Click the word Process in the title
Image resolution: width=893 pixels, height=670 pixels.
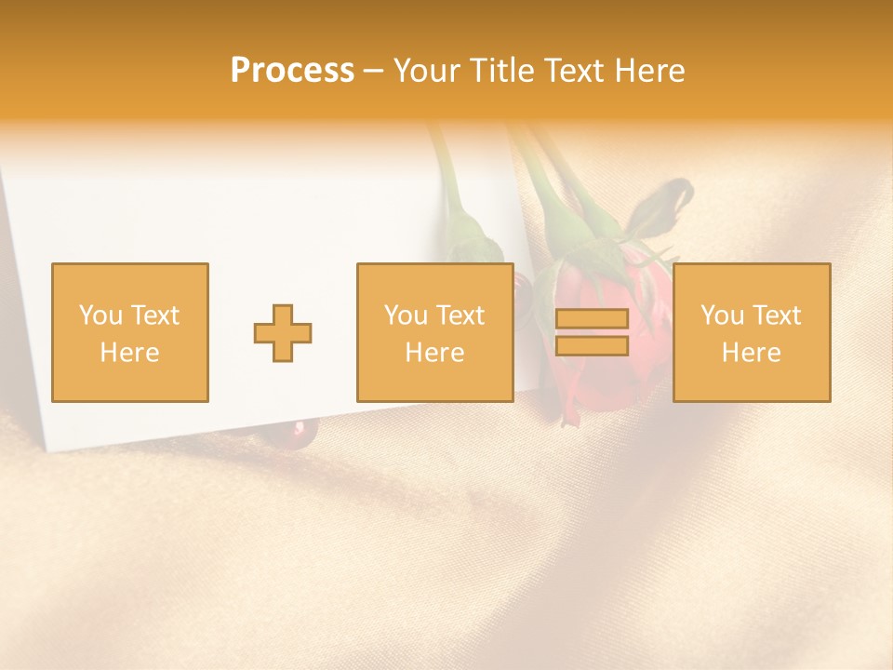coord(292,71)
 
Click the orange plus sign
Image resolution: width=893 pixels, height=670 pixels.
coord(283,333)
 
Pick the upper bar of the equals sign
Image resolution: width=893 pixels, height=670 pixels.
coord(592,319)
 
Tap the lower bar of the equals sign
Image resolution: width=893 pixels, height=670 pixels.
coord(592,346)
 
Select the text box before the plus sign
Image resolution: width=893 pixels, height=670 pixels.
coord(129,332)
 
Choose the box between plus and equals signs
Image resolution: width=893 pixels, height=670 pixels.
coord(434,332)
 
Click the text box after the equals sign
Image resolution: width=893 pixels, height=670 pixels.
coord(751,332)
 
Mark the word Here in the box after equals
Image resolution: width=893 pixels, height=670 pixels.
coord(751,353)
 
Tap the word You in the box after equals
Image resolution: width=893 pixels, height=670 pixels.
coord(722,315)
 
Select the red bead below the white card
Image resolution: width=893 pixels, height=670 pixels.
coord(300,428)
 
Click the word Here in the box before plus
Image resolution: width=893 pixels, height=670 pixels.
coord(129,353)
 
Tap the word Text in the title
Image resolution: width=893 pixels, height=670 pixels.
coord(569,71)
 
